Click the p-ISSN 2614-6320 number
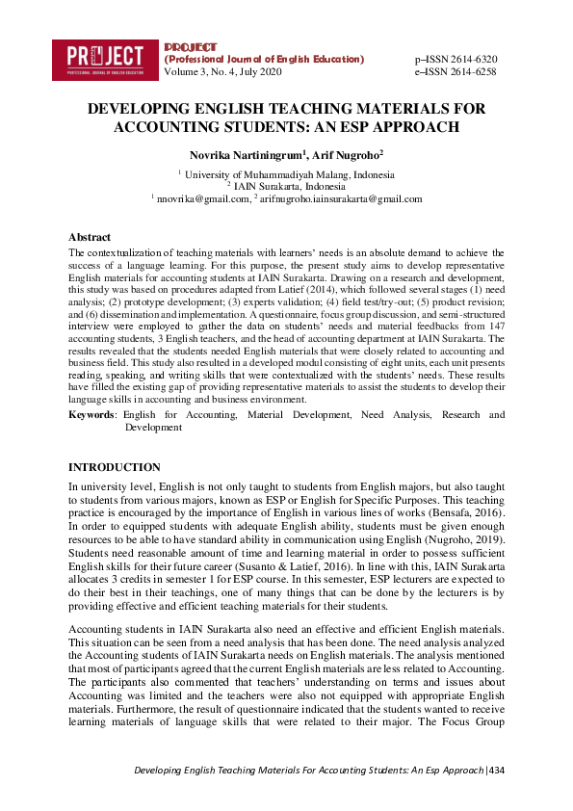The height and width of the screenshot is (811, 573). pos(456,59)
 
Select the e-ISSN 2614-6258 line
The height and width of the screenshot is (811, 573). pos(456,71)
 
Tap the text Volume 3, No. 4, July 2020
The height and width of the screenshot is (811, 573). pos(223,71)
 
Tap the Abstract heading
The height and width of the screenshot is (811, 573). pos(89,237)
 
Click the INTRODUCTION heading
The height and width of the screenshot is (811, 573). pos(114,467)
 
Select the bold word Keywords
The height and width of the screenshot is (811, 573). pos(91,415)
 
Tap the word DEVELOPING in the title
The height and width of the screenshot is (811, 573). pos(137,109)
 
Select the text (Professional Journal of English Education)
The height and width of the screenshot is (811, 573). pos(265,59)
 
